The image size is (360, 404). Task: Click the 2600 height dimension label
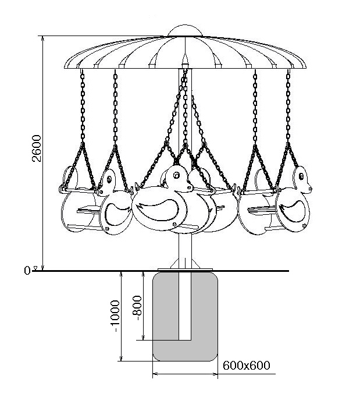pos(37,148)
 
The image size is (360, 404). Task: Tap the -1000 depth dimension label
pos(115,316)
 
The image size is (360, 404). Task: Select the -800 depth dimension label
pos(137,307)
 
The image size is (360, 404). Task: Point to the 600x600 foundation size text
pos(246,366)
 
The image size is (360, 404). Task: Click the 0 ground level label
pos(27,271)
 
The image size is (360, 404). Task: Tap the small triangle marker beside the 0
pos(36,268)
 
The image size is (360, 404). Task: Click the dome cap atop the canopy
pos(185,30)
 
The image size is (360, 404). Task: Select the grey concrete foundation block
pos(186,316)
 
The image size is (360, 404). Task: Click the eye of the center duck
pos(176,176)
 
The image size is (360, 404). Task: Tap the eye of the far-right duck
pos(301,177)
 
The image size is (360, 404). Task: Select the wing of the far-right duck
pos(293,211)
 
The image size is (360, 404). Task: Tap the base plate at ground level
pos(186,270)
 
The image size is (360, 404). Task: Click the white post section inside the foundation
pos(185,306)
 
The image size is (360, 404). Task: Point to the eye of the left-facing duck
pos(109,179)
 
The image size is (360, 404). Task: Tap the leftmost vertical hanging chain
pos(83,107)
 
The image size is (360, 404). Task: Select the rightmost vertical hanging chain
pos(288,107)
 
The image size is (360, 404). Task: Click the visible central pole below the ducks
pos(186,247)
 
